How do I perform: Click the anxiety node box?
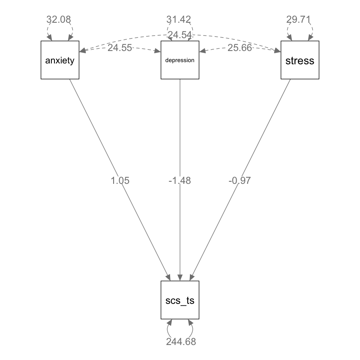tap(60, 60)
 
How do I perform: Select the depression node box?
tap(180, 60)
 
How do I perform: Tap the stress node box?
tap(300, 60)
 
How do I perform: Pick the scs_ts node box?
tap(180, 300)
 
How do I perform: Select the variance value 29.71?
tap(300, 19)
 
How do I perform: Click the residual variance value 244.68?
tap(181, 342)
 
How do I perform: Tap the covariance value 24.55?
tap(120, 48)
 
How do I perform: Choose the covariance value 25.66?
tap(240, 48)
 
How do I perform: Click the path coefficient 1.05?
tap(120, 180)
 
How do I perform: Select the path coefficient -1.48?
tap(180, 180)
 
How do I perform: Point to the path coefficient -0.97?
tap(240, 180)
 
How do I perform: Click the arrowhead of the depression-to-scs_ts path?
tap(180, 277)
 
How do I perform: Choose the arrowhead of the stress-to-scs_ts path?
tap(191, 277)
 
